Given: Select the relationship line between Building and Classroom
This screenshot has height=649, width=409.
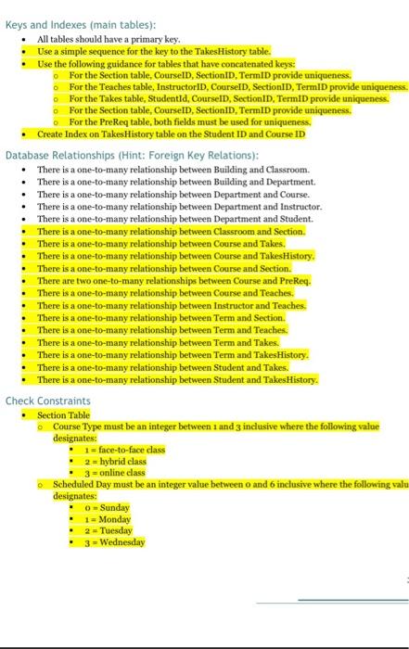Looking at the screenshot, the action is coord(172,171).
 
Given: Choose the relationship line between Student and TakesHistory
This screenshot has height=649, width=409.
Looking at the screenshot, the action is coord(176,379).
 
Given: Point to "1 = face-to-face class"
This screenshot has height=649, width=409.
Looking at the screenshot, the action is coord(124,450).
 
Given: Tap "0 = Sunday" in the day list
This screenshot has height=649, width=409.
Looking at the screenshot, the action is coord(107,508).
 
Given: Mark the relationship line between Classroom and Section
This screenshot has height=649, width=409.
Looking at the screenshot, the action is coord(171,231).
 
